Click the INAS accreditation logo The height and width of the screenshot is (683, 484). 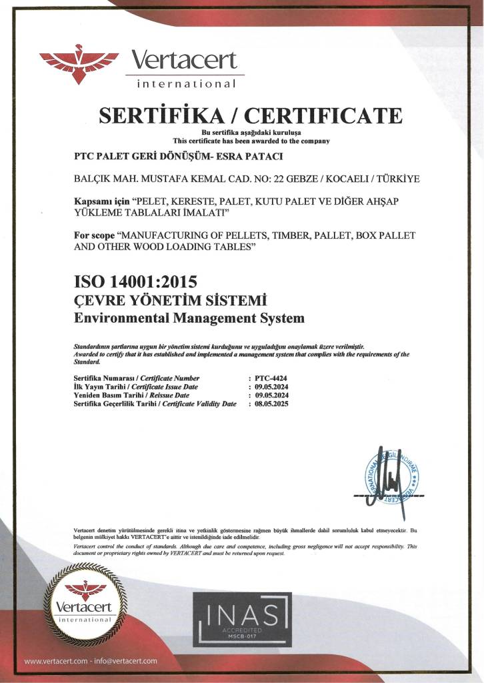242,619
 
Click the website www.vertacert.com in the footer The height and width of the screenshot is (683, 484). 55,661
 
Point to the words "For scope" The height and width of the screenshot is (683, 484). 93,235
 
